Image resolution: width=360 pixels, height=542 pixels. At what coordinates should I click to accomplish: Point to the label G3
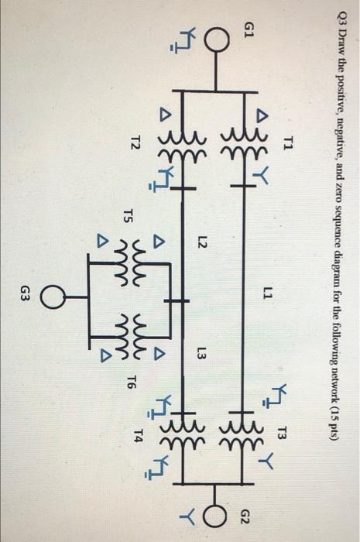(24, 293)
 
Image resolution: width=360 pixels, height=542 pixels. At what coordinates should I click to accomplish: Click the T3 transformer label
(283, 433)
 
